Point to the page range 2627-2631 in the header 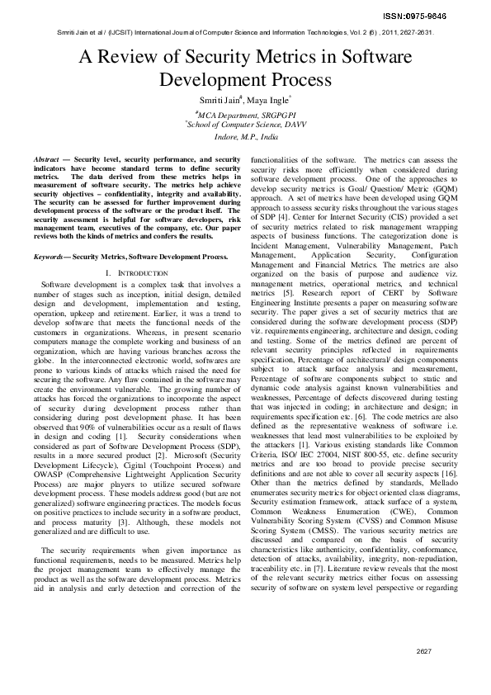[x=414, y=33]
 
